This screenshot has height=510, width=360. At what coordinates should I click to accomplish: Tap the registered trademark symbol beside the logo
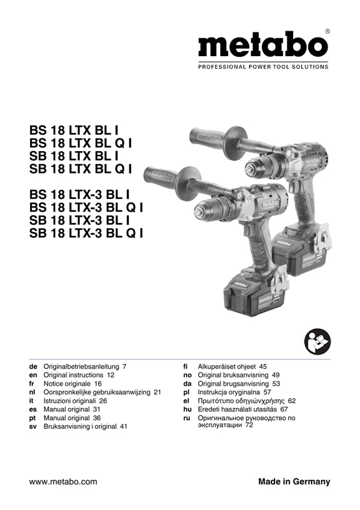tap(328, 31)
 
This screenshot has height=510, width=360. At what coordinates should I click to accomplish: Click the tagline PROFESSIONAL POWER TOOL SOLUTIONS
tap(263, 67)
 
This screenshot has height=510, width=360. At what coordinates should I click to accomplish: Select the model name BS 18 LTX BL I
tap(74, 131)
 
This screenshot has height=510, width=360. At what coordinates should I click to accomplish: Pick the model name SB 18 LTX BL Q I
tap(81, 169)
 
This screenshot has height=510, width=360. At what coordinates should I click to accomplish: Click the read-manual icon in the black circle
tap(317, 342)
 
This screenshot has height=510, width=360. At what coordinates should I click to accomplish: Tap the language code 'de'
tap(33, 367)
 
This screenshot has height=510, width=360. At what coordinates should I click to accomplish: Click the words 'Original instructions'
tap(73, 375)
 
